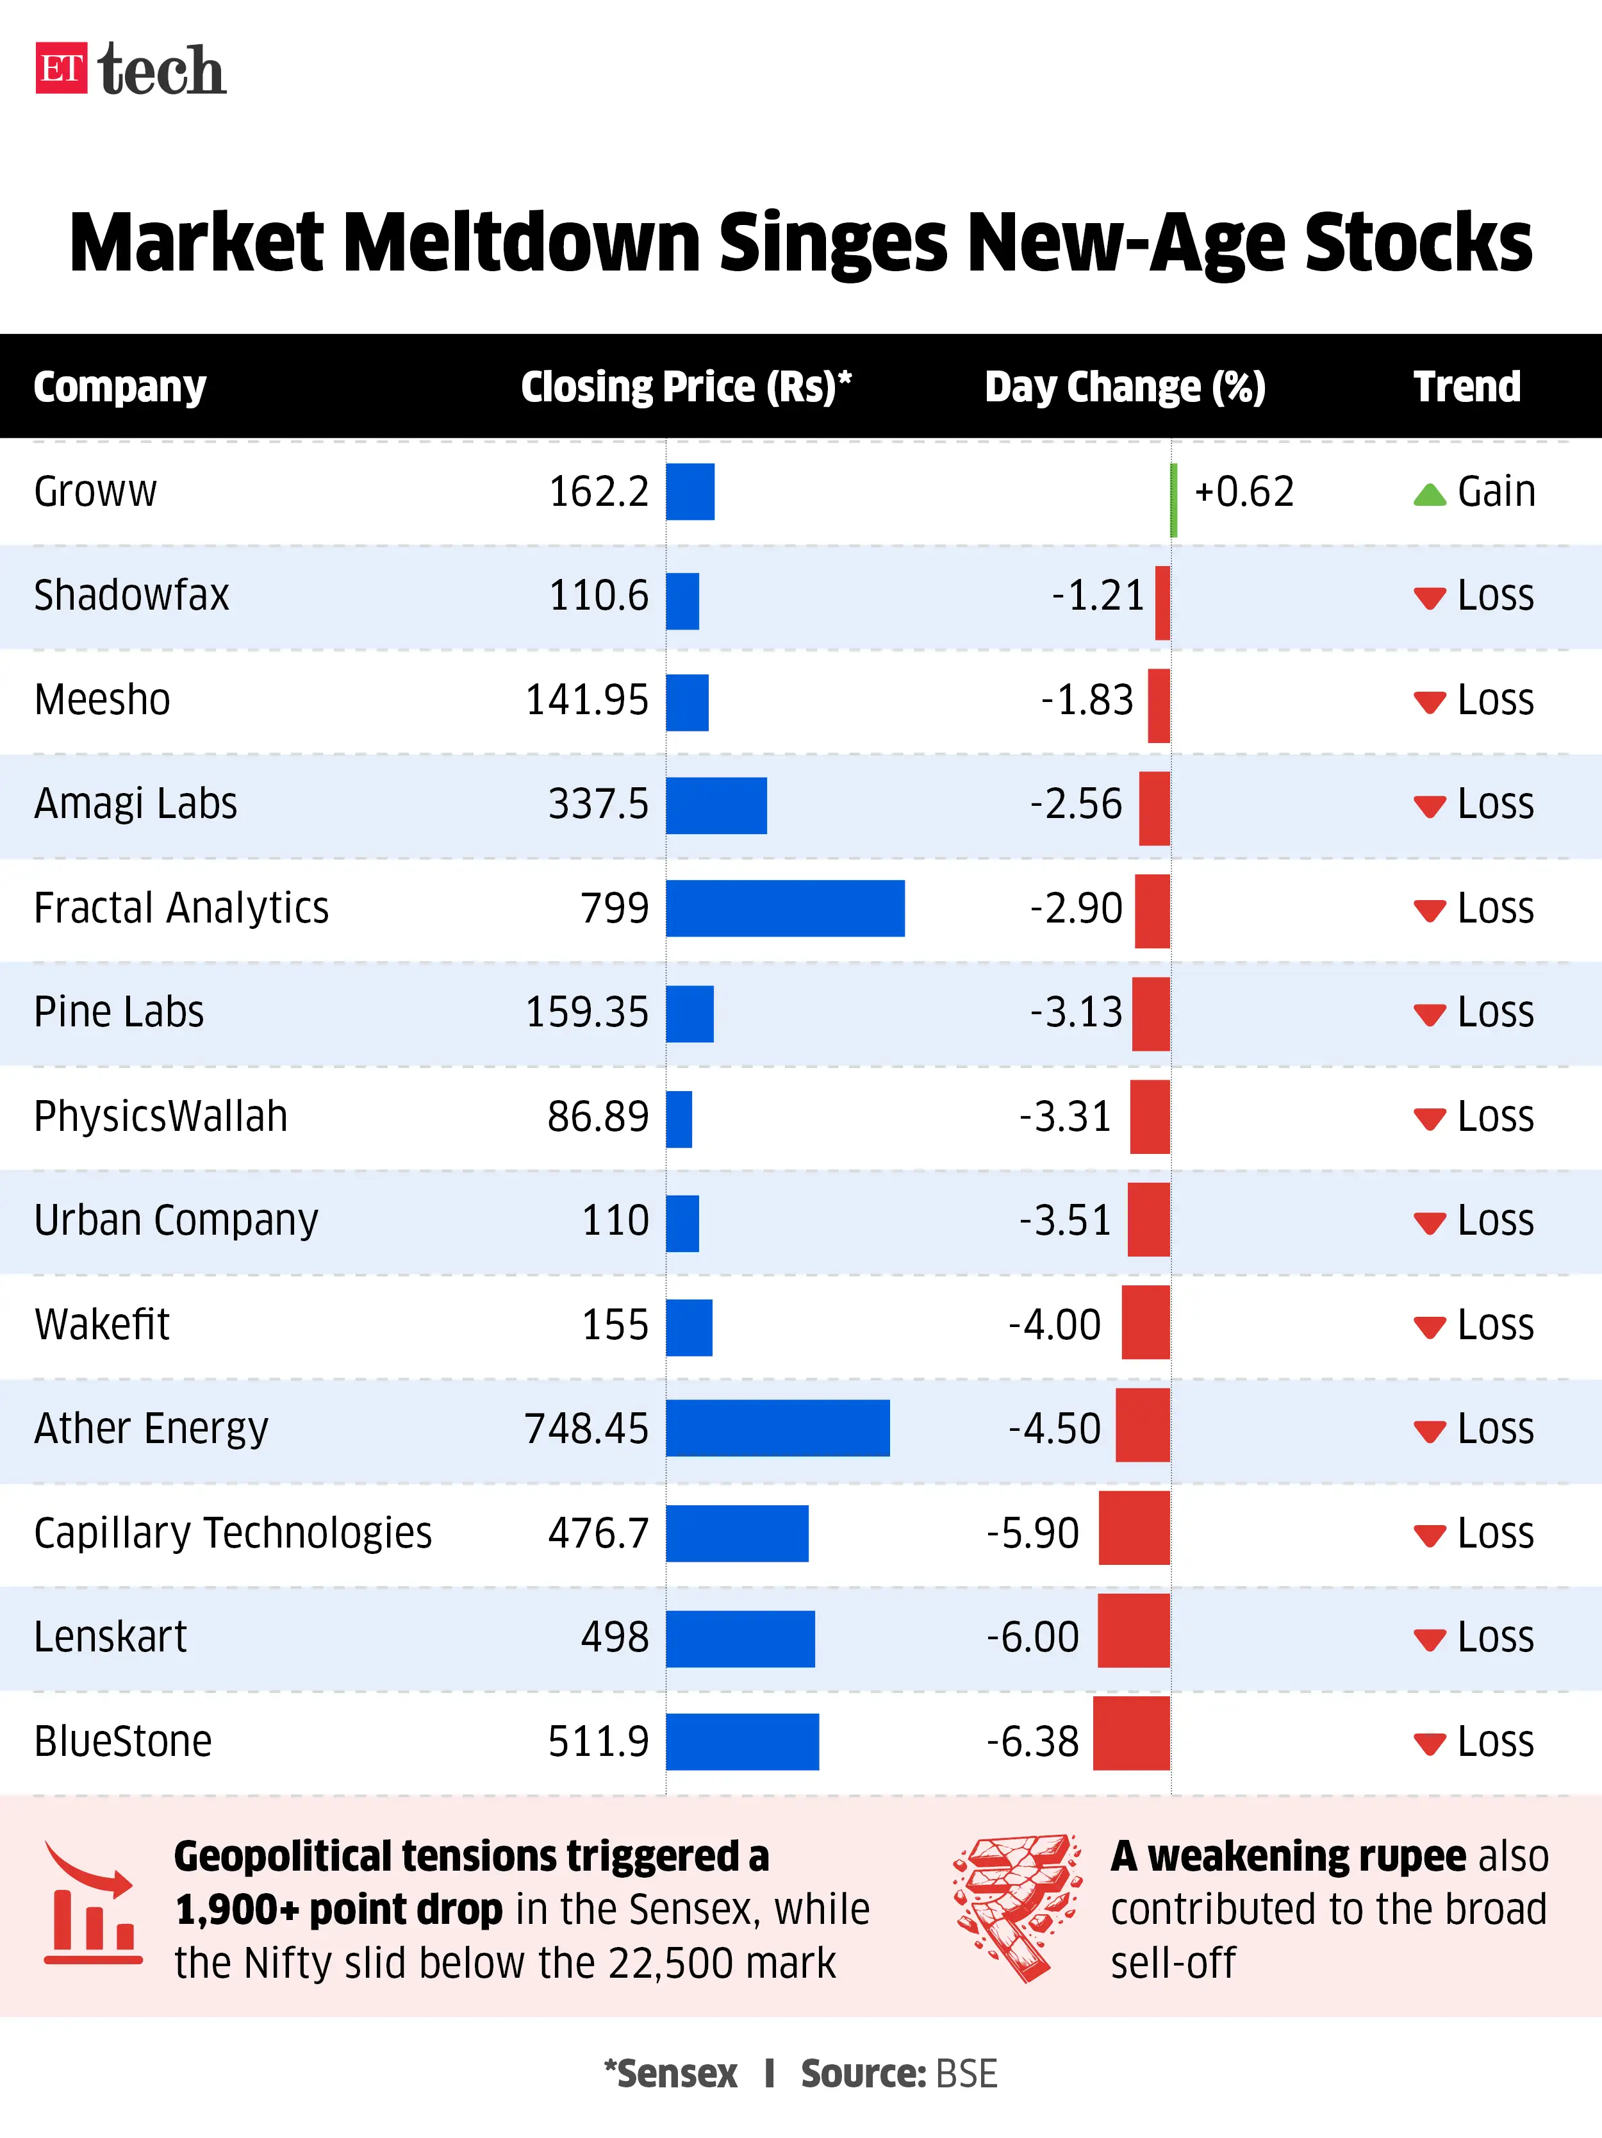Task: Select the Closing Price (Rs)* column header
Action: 686,387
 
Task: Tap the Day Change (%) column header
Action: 1125,387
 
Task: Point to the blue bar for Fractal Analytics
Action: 784,908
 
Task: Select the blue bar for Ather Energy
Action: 777,1428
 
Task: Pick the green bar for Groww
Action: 1173,499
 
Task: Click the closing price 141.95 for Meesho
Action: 586,700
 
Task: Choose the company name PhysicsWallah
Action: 160,1116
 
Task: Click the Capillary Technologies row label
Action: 233,1533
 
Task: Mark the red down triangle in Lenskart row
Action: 1429,1639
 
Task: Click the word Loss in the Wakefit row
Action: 1495,1325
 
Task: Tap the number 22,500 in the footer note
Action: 665,1963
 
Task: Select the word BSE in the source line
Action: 966,2074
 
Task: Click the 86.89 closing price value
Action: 598,1116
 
